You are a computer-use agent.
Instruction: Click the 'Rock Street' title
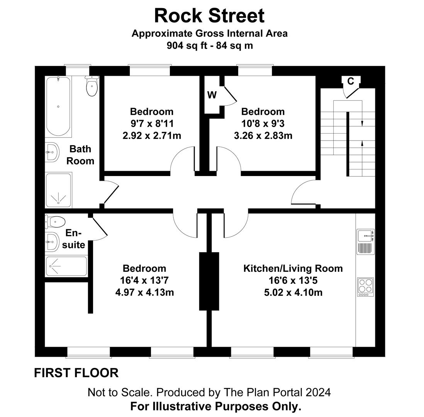[209, 16]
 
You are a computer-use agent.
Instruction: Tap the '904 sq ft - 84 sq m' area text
[209, 46]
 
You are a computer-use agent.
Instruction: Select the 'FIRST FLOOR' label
[76, 373]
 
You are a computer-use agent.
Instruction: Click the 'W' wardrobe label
[212, 95]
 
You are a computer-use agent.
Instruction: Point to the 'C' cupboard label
[351, 81]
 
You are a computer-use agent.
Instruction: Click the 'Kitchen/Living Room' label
[293, 268]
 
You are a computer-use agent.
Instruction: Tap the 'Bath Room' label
[80, 155]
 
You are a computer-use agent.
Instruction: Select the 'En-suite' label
[75, 239]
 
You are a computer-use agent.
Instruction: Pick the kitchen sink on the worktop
[365, 235]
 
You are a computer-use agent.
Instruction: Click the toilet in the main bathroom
[92, 86]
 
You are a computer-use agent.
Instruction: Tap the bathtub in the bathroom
[58, 106]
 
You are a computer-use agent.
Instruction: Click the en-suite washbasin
[52, 242]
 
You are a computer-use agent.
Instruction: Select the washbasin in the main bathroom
[52, 152]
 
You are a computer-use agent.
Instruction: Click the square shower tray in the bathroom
[58, 190]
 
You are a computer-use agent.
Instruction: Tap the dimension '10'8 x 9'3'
[263, 124]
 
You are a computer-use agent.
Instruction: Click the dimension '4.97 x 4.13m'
[144, 292]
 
